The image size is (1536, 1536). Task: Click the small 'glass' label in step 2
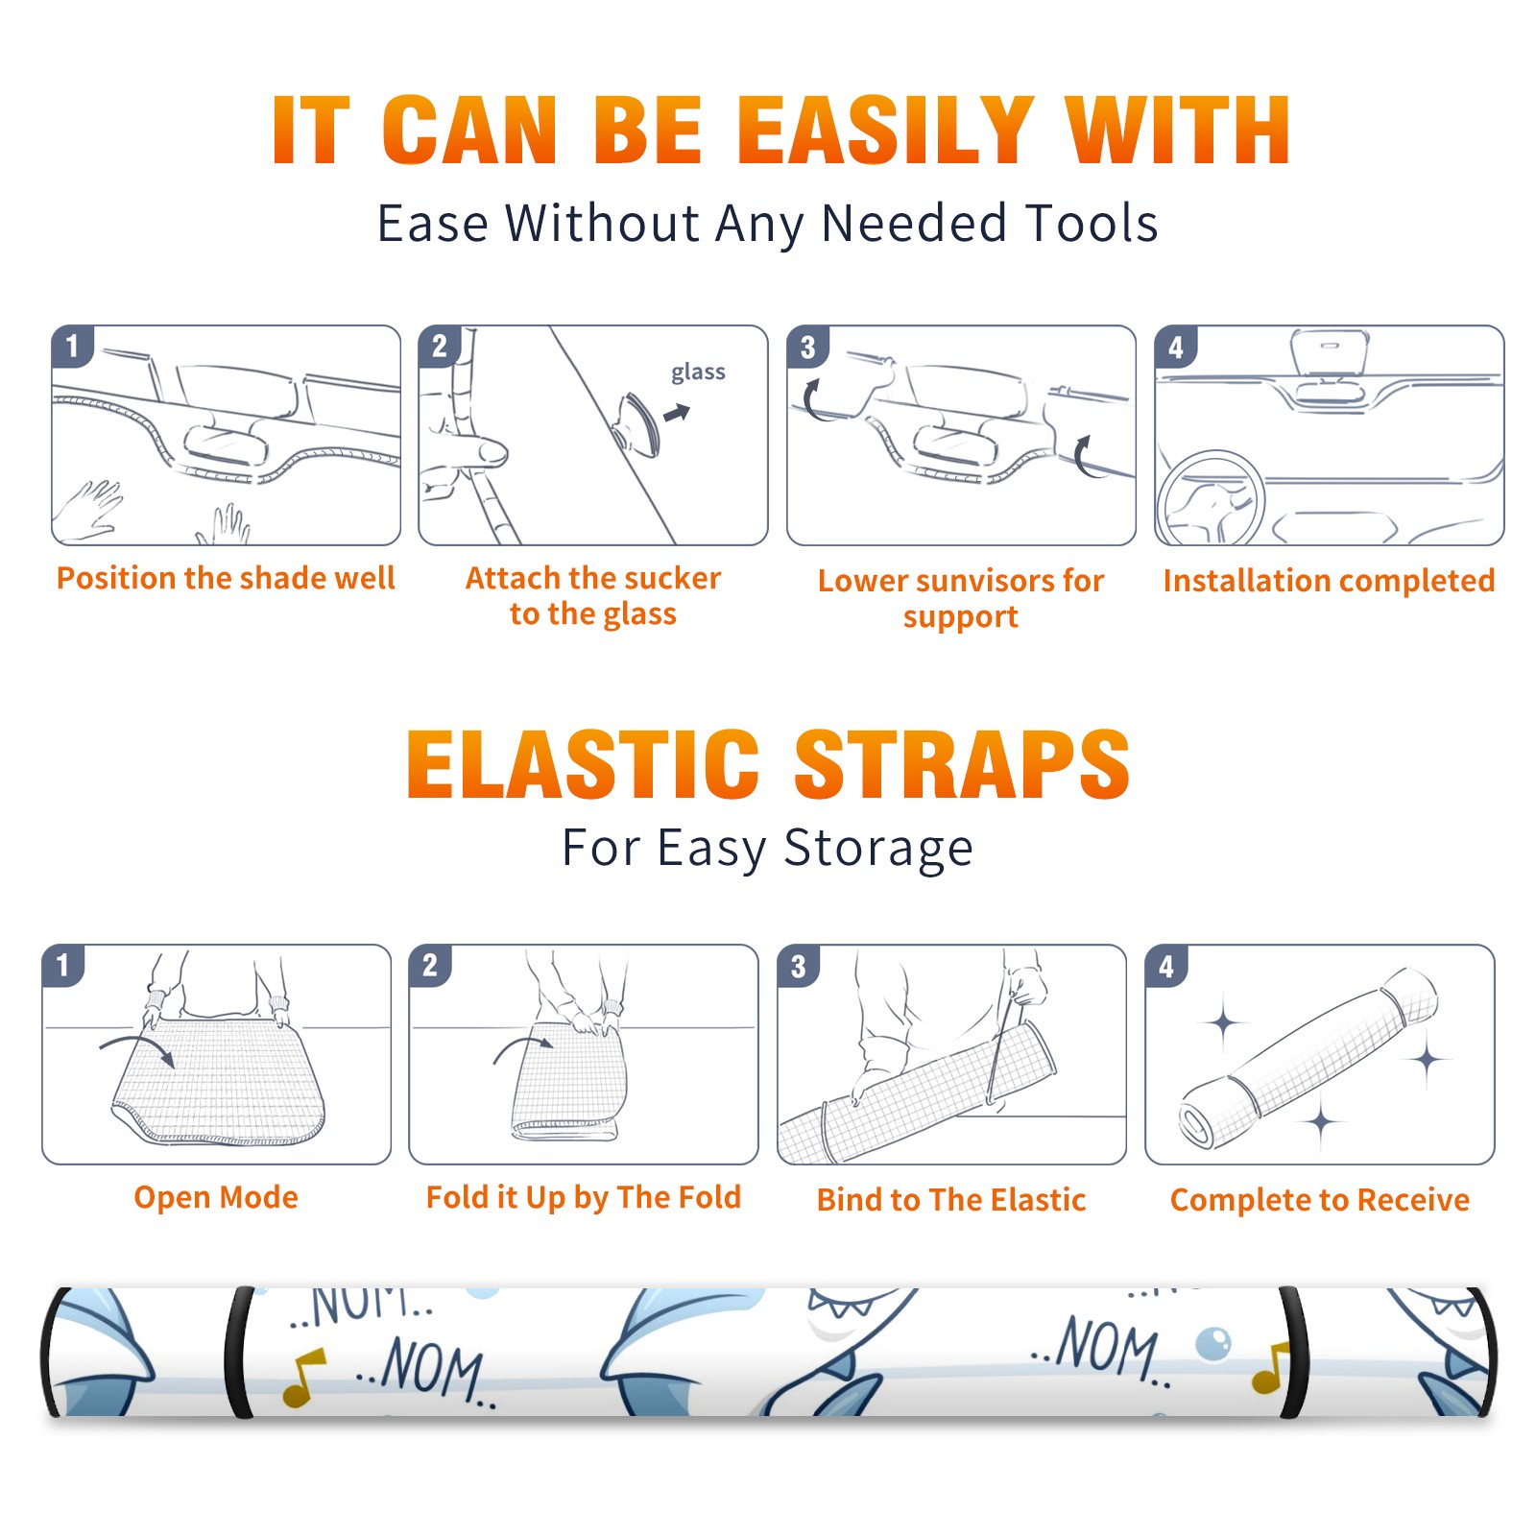click(698, 372)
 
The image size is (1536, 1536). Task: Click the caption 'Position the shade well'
click(226, 578)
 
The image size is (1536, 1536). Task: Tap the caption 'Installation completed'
click(1329, 581)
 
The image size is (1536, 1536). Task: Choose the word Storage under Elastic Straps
click(877, 849)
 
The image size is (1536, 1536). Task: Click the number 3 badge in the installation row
click(807, 347)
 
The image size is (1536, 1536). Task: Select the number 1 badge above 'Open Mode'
click(63, 965)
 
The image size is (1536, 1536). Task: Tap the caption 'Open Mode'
click(216, 1197)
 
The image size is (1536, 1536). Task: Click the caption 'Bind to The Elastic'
click(951, 1200)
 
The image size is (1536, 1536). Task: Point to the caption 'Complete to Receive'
click(1320, 1200)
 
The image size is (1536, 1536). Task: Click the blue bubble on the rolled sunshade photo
click(1213, 1343)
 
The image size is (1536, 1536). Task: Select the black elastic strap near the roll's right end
click(1294, 1352)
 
